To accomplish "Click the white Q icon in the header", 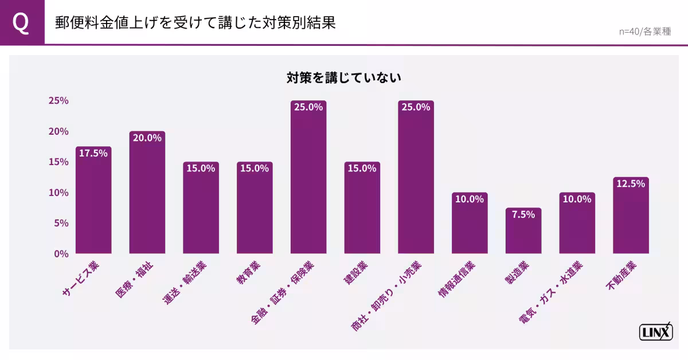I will (21, 23).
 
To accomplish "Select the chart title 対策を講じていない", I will (344, 78).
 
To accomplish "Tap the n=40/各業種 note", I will (644, 32).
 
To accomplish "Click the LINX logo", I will (656, 332).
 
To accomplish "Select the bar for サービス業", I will (93, 206).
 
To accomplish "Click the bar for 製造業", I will (523, 235).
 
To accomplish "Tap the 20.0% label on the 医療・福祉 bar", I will (147, 138).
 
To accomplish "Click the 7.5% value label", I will (523, 214).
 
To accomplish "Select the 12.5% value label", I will (631, 184).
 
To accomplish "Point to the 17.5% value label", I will (93, 153).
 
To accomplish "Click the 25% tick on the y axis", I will (58, 101).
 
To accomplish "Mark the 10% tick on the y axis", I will (58, 193).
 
